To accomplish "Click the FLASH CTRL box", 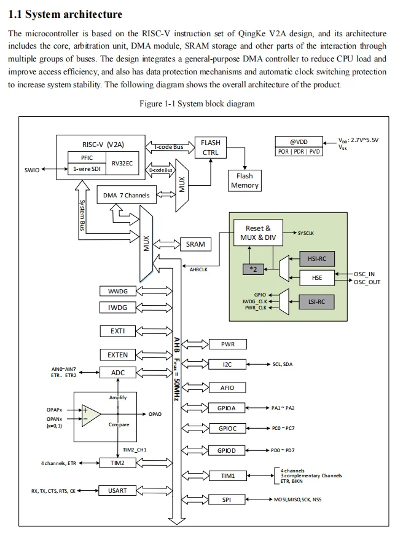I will coord(211,148).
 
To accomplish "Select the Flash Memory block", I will coord(245,180).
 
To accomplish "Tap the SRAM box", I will coord(195,244).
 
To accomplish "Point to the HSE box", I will coord(316,278).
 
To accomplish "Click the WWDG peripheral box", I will coord(118,291).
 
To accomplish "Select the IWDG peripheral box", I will coord(118,307).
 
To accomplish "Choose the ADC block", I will coord(118,373).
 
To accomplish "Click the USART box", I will coord(118,491).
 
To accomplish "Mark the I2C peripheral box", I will coord(227,365).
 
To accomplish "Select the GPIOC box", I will coord(227,428).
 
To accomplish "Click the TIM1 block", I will coord(227,475).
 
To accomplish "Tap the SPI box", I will coord(227,499).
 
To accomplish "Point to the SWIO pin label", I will coord(31,170).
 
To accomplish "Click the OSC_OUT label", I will coord(367,282).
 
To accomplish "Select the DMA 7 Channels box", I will coord(126,196).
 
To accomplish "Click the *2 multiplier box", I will coord(254,269).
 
